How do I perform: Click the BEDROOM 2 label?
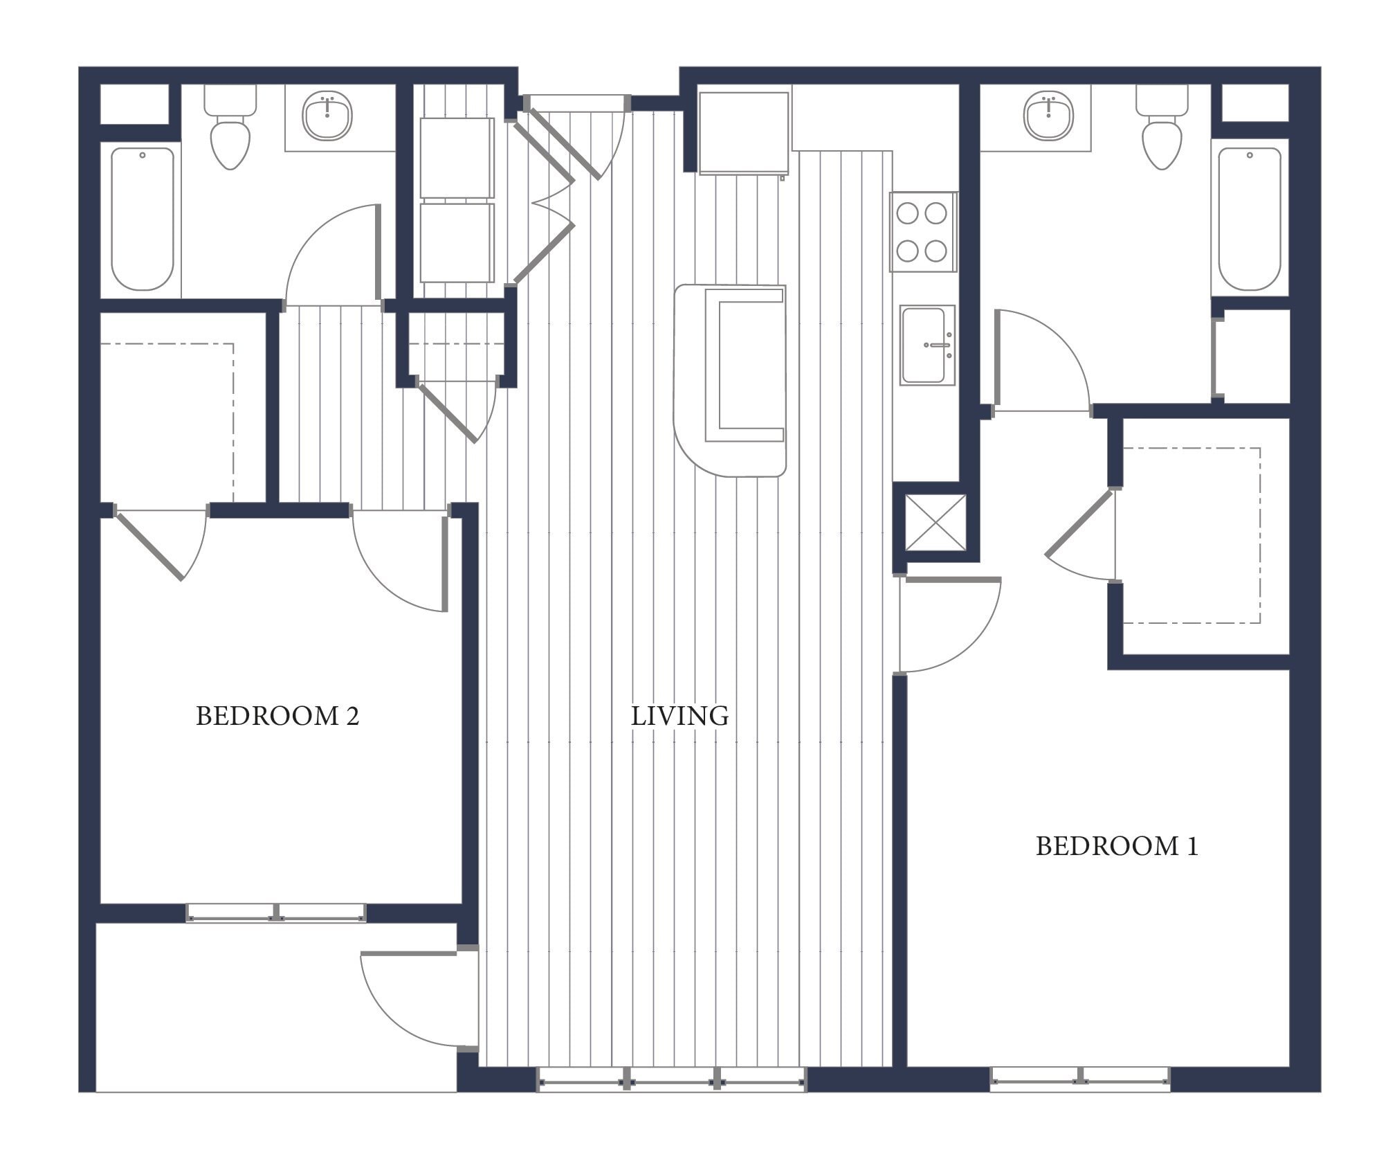pyautogui.click(x=277, y=716)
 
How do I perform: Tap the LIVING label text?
pyautogui.click(x=679, y=716)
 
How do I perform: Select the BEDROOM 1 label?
pyautogui.click(x=1116, y=846)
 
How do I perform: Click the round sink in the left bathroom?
pyautogui.click(x=327, y=115)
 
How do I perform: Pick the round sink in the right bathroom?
pyautogui.click(x=1049, y=115)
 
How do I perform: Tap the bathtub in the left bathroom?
pyautogui.click(x=143, y=218)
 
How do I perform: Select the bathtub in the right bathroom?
pyautogui.click(x=1249, y=218)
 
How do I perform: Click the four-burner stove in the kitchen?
pyautogui.click(x=922, y=232)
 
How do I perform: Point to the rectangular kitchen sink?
pyautogui.click(x=926, y=345)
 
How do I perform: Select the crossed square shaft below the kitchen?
pyautogui.click(x=935, y=522)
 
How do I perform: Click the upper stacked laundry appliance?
pyautogui.click(x=457, y=158)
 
